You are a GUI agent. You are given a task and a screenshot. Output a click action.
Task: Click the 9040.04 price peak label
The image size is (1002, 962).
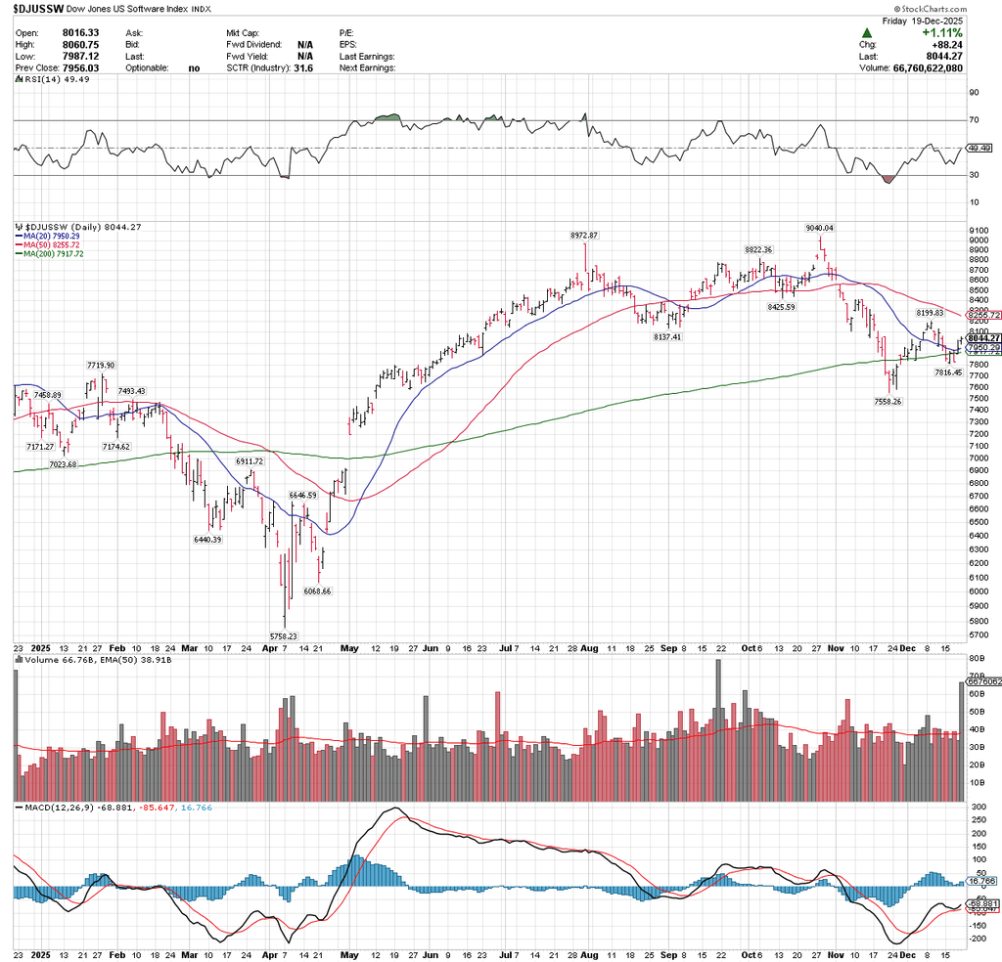(819, 228)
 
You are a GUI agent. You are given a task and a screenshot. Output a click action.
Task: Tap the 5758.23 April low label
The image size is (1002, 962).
(285, 635)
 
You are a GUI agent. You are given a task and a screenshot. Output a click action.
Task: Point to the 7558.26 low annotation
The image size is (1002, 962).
(891, 401)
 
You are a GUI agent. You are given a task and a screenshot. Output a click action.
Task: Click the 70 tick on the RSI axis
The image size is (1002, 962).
(974, 119)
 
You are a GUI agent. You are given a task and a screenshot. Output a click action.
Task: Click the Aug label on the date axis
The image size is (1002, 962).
(589, 647)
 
